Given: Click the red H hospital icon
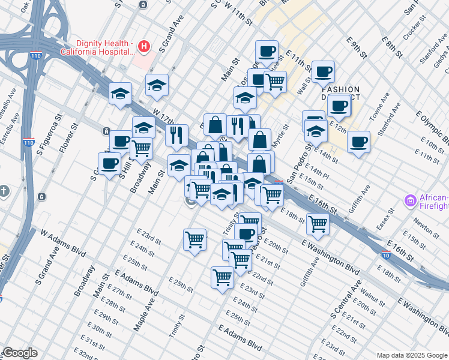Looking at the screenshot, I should (143, 46).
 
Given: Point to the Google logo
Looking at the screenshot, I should (20, 353).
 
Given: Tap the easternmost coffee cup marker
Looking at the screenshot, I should (358, 142).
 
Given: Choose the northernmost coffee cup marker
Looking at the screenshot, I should (267, 51).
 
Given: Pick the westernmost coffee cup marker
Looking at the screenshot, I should (109, 163).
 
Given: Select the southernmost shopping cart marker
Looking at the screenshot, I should (222, 278).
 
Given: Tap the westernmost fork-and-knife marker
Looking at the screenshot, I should (176, 136).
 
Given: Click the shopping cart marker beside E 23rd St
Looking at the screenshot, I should (194, 240).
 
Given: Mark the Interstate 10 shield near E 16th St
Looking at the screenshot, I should (385, 255).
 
